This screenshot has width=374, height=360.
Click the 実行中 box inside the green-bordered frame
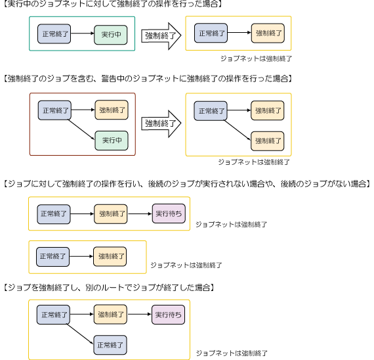pos(111,35)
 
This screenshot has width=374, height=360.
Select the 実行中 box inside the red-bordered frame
pos(112,141)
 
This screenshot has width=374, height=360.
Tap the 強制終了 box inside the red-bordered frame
pos(112,110)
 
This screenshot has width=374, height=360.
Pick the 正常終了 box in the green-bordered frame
pos(54,34)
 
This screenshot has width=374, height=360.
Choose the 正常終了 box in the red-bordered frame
pos(54,110)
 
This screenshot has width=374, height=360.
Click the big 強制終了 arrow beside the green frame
pos(161,36)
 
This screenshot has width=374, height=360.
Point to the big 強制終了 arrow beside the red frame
pos(161,124)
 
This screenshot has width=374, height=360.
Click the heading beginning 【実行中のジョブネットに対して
pos(113,4)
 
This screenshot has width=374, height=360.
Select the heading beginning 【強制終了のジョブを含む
pos(148,79)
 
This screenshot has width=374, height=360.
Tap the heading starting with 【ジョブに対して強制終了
pos(187,184)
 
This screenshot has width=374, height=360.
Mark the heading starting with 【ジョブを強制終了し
pos(109,287)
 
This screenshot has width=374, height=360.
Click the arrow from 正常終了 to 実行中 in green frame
pos(83,34)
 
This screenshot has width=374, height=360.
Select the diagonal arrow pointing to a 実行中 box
pos(81,129)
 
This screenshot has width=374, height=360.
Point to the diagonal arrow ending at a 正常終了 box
pos(80,334)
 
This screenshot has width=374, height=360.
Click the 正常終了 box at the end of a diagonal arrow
pos(110,345)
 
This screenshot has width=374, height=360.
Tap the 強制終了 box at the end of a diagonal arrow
pos(268,141)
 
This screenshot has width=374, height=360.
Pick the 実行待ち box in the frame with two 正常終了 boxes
pos(168,315)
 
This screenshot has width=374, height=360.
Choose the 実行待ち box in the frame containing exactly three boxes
pos(169,214)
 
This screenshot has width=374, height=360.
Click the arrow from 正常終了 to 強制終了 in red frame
pos(83,110)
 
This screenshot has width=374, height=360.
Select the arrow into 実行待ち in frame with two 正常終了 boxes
pos(139,315)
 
